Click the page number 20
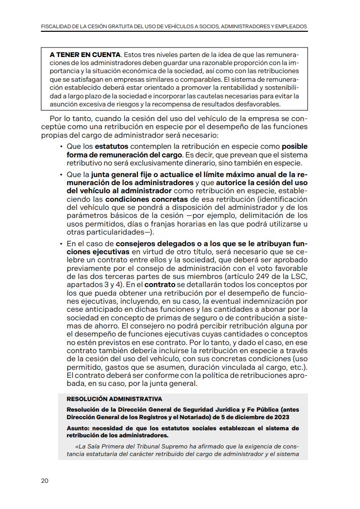click(x=44, y=480)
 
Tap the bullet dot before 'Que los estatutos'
click(x=61, y=146)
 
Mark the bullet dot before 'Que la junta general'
click(x=61, y=175)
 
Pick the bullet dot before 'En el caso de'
click(x=61, y=244)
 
